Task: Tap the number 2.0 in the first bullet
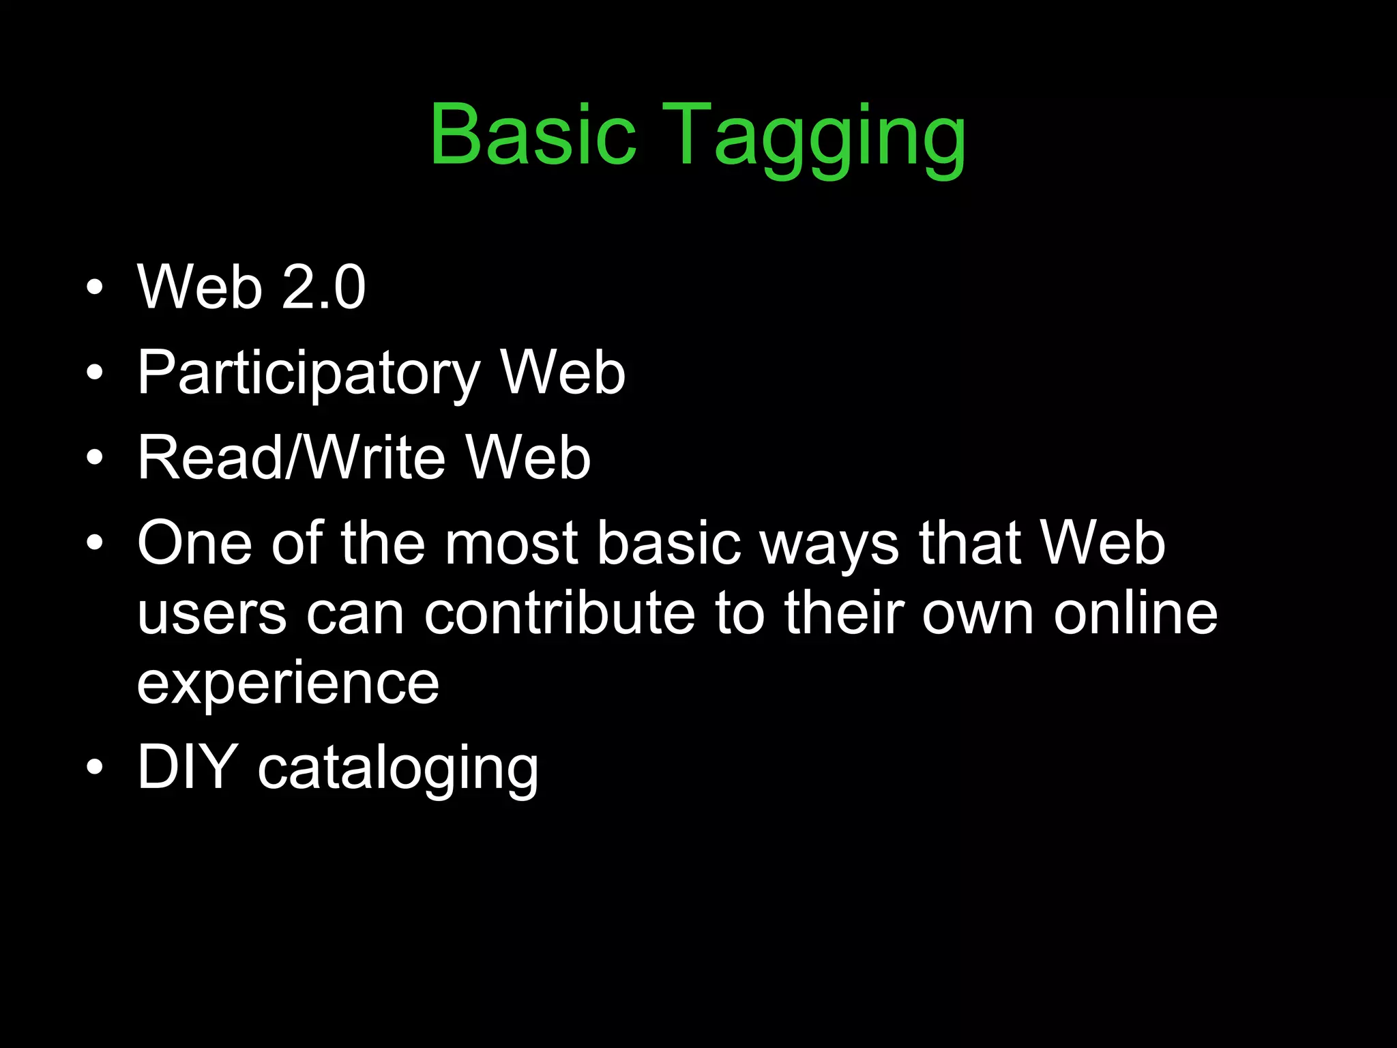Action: pos(323,287)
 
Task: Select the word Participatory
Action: pos(309,374)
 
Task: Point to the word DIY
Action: pos(187,768)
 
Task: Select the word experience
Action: pos(288,684)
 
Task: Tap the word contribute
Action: pos(559,613)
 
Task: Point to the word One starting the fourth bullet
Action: pos(195,544)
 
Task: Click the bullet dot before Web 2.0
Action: pos(95,287)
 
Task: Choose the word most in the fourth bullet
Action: pos(512,544)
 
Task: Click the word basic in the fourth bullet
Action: pos(668,544)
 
